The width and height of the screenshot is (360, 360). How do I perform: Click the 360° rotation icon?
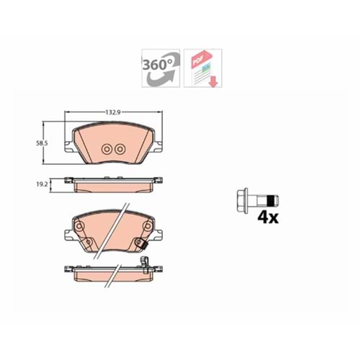tap(161, 68)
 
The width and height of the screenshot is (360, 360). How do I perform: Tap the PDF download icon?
tap(203, 68)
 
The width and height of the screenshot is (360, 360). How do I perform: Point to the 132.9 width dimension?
tap(113, 112)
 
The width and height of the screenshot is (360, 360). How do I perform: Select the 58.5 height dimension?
tap(42, 143)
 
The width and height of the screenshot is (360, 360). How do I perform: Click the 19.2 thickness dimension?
tap(42, 184)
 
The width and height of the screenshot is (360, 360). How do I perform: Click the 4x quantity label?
tap(268, 218)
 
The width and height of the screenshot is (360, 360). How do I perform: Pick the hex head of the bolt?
tap(242, 201)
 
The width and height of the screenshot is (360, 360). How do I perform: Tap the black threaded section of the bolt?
tap(271, 201)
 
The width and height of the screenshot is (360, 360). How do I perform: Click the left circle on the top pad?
tap(106, 150)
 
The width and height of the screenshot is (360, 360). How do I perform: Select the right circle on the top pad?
tap(120, 150)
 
